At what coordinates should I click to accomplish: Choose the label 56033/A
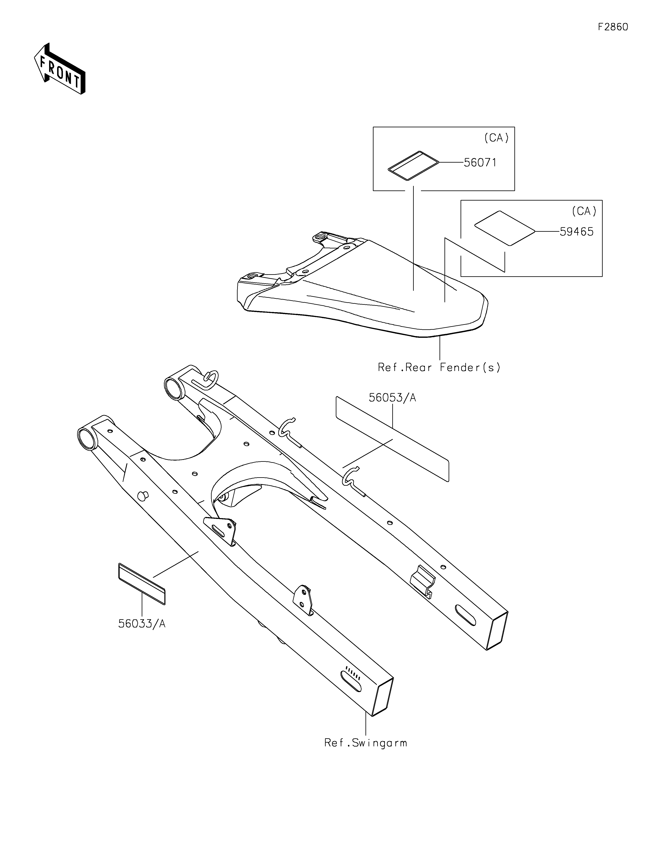[x=142, y=624]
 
